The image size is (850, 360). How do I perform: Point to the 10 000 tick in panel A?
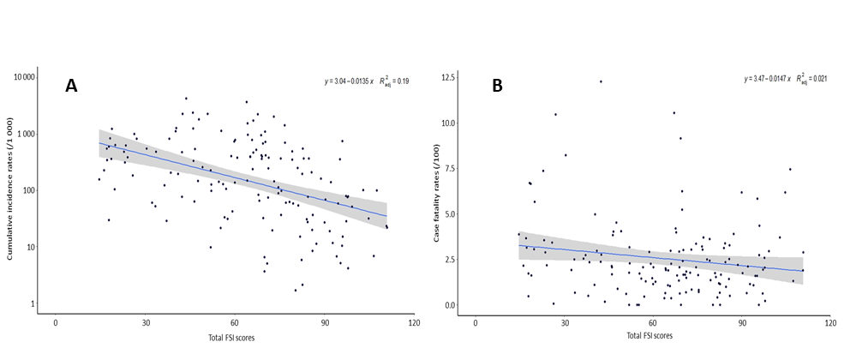coord(23,77)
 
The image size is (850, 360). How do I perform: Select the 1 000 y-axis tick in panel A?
coord(26,134)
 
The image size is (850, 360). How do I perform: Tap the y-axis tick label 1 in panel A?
coord(32,303)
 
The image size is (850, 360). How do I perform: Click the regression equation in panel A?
coord(366,81)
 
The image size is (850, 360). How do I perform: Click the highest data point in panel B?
coord(601,81)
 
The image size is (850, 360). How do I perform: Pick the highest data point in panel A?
coord(186,99)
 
